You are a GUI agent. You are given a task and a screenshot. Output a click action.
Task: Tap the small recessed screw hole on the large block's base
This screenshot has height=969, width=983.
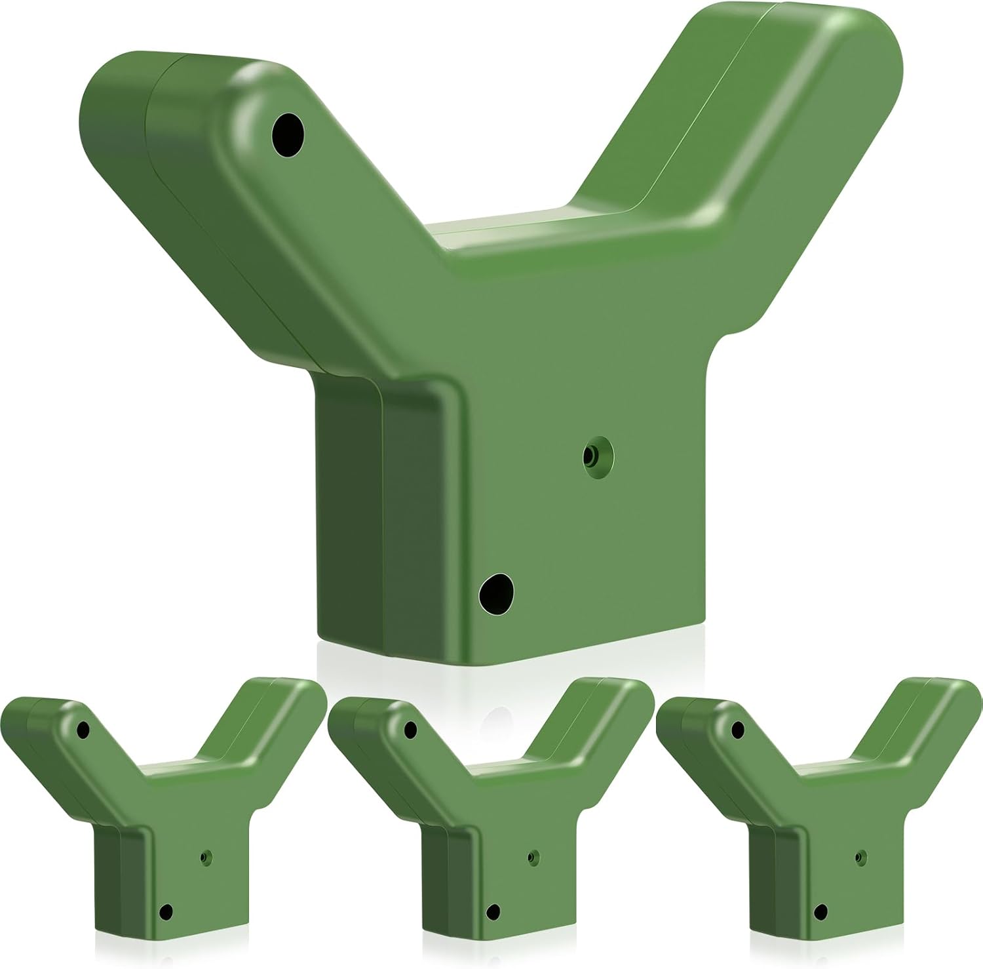[x=596, y=454]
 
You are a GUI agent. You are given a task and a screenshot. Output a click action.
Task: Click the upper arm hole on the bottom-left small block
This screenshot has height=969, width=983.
[x=83, y=729]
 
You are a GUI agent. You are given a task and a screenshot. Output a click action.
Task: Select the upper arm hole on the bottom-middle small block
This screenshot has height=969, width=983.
[x=411, y=729]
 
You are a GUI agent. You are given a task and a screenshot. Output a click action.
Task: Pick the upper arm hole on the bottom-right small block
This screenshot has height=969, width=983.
[x=738, y=729]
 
